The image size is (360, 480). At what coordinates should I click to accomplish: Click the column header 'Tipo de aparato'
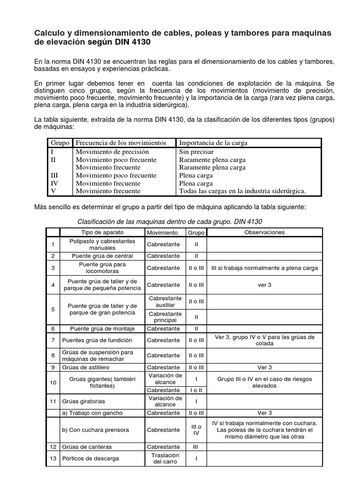pyautogui.click(x=101, y=232)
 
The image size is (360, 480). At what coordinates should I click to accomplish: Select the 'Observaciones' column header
pyautogui.click(x=264, y=232)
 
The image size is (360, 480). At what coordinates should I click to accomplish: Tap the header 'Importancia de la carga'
pyautogui.click(x=213, y=142)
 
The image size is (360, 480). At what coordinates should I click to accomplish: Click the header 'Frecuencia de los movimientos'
pyautogui.click(x=121, y=142)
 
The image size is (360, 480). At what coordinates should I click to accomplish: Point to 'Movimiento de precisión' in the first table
pyautogui.click(x=112, y=151)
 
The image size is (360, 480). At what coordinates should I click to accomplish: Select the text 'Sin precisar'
pyautogui.click(x=196, y=151)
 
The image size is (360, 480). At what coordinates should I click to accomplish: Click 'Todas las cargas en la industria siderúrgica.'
pyautogui.click(x=242, y=191)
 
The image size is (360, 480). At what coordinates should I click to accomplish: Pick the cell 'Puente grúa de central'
pyautogui.click(x=102, y=256)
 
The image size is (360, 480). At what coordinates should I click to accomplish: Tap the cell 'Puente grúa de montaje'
pyautogui.click(x=102, y=329)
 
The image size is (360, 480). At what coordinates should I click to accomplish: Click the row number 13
pyautogui.click(x=53, y=458)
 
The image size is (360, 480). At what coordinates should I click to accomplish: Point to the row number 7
pyautogui.click(x=53, y=340)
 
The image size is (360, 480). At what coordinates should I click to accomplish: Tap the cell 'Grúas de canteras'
pyautogui.click(x=87, y=447)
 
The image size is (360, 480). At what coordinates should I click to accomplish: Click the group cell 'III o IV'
pyautogui.click(x=196, y=430)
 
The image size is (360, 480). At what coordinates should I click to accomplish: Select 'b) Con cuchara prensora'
pyautogui.click(x=95, y=430)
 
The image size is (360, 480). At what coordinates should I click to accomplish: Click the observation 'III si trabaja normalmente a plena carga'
pyautogui.click(x=265, y=268)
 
